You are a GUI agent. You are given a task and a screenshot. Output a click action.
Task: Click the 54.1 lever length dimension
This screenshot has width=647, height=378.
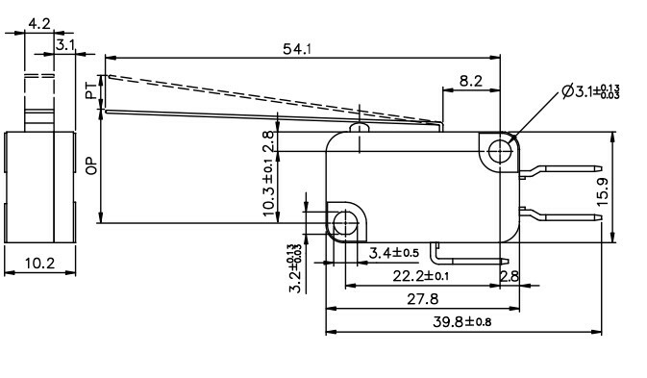click(296, 49)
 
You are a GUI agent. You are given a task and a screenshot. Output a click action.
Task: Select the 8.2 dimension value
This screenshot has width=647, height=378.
click(470, 83)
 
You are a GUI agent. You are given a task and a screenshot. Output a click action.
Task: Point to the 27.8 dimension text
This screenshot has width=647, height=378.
click(423, 299)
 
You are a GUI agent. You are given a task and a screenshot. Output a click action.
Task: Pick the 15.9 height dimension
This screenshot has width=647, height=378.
click(602, 190)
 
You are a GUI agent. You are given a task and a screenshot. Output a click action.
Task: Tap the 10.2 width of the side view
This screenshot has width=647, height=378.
click(38, 264)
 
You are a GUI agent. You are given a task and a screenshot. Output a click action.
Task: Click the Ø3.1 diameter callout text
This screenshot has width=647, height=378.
click(587, 91)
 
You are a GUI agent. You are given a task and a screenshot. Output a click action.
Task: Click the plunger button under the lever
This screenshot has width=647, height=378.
click(360, 127)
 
